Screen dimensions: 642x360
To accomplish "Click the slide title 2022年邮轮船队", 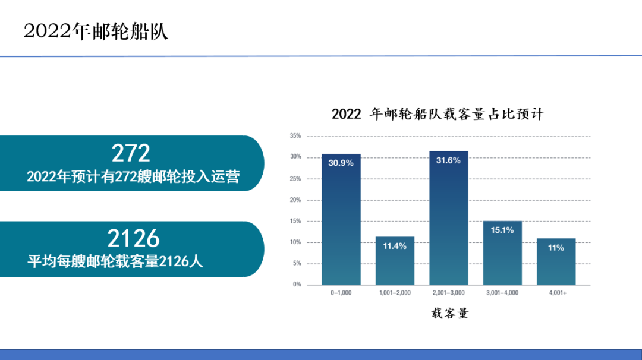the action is point(96,31).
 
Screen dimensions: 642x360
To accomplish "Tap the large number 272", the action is point(131,153).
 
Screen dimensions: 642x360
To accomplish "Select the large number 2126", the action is point(134,238).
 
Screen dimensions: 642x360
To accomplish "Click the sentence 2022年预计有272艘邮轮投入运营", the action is point(133,176).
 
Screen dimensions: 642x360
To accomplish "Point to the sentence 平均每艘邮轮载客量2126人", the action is point(115,261).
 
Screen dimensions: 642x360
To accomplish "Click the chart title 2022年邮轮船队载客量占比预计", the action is point(438,113).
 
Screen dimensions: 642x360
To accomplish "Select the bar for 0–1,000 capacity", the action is point(341,219).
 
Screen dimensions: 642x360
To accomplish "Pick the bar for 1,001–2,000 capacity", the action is point(395,261).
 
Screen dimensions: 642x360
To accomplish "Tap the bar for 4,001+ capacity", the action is point(556,261).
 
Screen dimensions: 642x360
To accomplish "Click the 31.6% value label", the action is point(448,160).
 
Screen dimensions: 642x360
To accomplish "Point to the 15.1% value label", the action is point(502,230).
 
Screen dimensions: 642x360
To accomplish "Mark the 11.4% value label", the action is point(395,246).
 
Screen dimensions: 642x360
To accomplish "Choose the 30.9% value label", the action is point(341,163).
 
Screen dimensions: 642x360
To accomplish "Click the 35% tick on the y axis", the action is point(295,136).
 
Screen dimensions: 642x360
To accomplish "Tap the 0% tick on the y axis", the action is point(297,285).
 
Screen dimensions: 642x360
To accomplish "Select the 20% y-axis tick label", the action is point(295,200).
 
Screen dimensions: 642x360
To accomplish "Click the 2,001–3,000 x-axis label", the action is point(449,293).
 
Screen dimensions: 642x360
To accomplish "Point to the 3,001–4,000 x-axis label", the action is point(502,293).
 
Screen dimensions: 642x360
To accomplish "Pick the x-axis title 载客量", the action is point(450,313).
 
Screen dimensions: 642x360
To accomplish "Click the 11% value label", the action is point(556,248).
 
